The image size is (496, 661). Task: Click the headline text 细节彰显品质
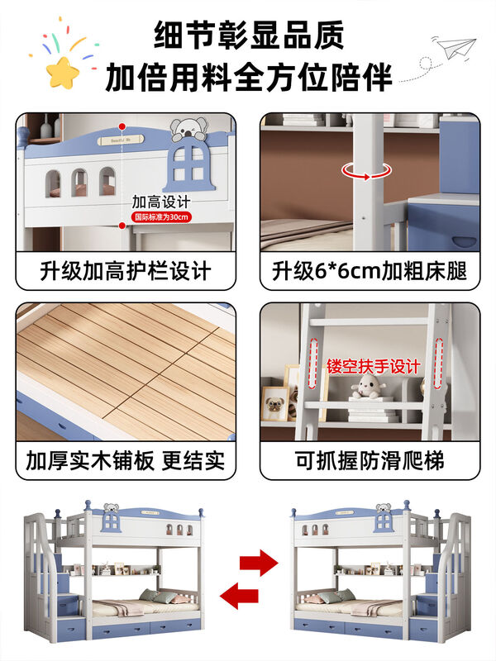click(x=249, y=36)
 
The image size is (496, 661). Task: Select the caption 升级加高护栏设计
click(x=126, y=271)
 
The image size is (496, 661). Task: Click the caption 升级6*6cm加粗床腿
click(x=370, y=271)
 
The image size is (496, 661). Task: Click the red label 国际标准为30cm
click(x=162, y=217)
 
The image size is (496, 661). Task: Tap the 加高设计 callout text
click(x=161, y=202)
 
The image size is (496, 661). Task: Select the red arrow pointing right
click(x=258, y=565)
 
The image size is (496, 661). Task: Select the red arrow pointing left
click(x=237, y=594)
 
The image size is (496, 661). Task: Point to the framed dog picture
click(x=274, y=403)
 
